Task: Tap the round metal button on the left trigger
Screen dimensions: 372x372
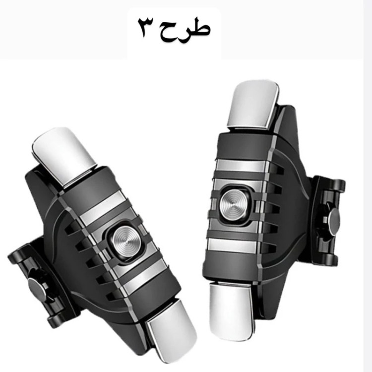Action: [x=126, y=242]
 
